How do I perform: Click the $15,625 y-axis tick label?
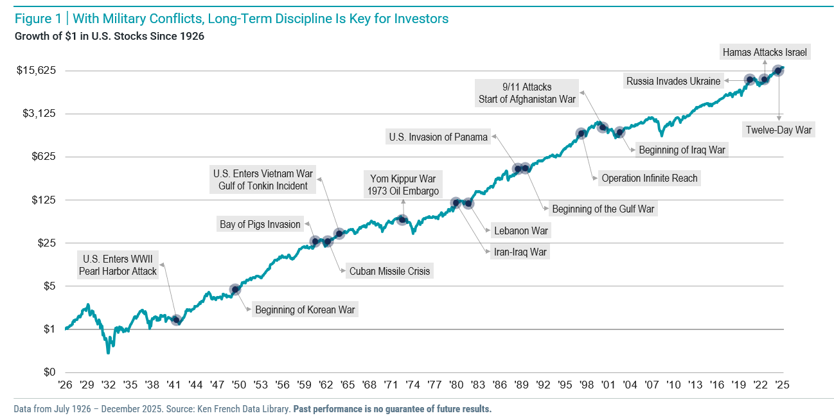pos(37,70)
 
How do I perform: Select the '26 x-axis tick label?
pos(66,385)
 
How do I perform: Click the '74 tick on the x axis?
pos(413,385)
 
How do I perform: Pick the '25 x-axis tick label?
pos(781,385)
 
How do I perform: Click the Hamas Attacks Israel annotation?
pos(765,52)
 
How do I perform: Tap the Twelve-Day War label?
pos(779,130)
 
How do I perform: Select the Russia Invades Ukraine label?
pos(673,81)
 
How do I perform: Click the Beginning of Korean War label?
pos(305,310)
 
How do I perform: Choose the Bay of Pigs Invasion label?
pos(260,224)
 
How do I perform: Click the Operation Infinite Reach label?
pos(649,179)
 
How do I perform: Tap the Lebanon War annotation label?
pos(520,231)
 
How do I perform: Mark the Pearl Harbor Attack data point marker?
pos(177,320)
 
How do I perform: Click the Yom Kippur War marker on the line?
pos(403,220)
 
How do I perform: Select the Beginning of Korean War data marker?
pos(235,290)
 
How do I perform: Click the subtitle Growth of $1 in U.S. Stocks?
pos(109,36)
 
